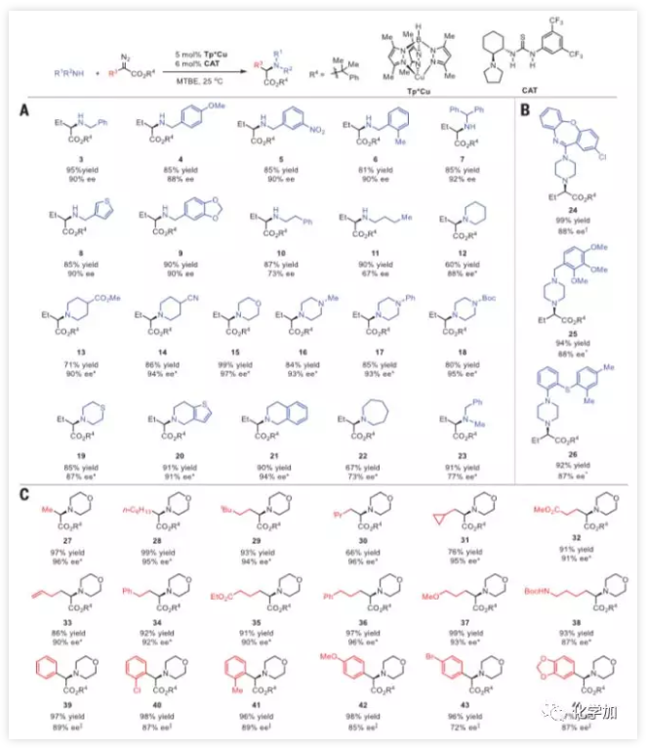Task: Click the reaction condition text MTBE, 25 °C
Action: [x=199, y=65]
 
